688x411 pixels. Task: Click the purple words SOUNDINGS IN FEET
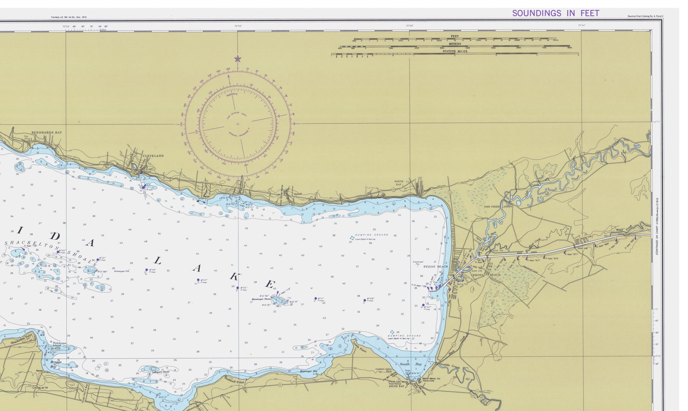coord(556,13)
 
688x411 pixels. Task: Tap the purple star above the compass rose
coord(238,59)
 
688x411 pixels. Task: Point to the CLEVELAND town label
coord(153,156)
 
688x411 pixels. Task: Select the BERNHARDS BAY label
coord(47,133)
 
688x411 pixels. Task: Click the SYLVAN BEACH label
coord(435,266)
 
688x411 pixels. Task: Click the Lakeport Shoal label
coord(161,372)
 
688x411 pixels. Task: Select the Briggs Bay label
coord(56,364)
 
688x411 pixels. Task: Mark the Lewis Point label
coord(360,347)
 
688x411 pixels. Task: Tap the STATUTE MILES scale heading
coord(455,51)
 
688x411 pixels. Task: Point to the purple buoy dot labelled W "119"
coord(146,270)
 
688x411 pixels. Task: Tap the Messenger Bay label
coord(308,371)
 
